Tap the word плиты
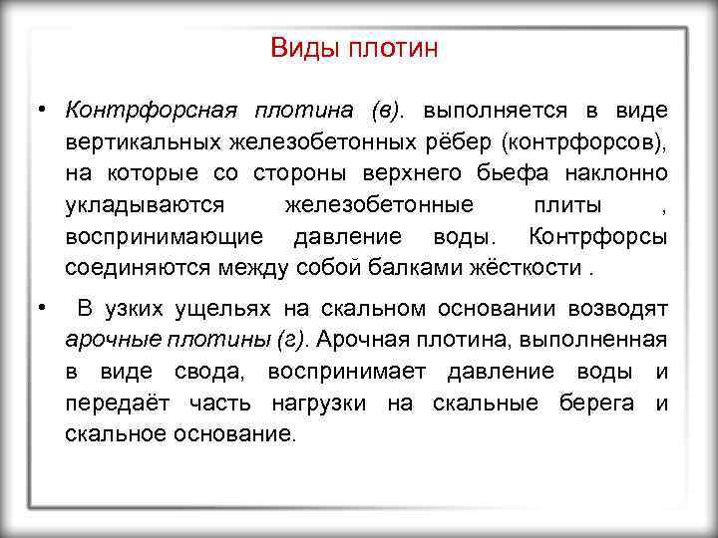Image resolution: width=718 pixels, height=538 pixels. tap(565, 206)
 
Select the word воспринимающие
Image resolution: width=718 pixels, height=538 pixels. tap(165, 238)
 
